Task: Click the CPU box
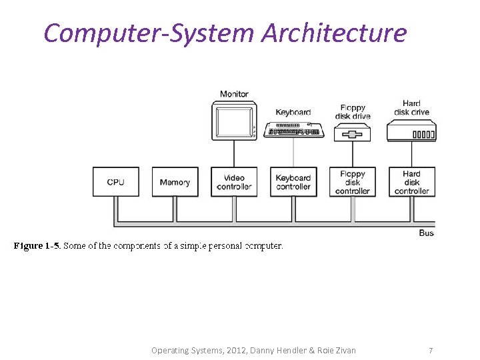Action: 115,182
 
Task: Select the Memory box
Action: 175,182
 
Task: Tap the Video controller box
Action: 234,182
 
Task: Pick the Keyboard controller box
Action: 293,182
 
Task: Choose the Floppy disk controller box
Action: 353,182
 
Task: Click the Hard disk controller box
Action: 411,182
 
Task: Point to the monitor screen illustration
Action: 233,121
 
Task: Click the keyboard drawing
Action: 293,130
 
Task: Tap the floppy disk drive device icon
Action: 353,134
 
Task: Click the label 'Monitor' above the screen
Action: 234,94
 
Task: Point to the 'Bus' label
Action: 427,233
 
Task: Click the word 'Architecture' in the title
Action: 334,32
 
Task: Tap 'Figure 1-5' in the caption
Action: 37,246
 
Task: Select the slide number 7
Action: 431,350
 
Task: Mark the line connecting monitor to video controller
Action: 234,155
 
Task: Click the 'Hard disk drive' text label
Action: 411,108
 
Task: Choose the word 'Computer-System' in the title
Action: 149,32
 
